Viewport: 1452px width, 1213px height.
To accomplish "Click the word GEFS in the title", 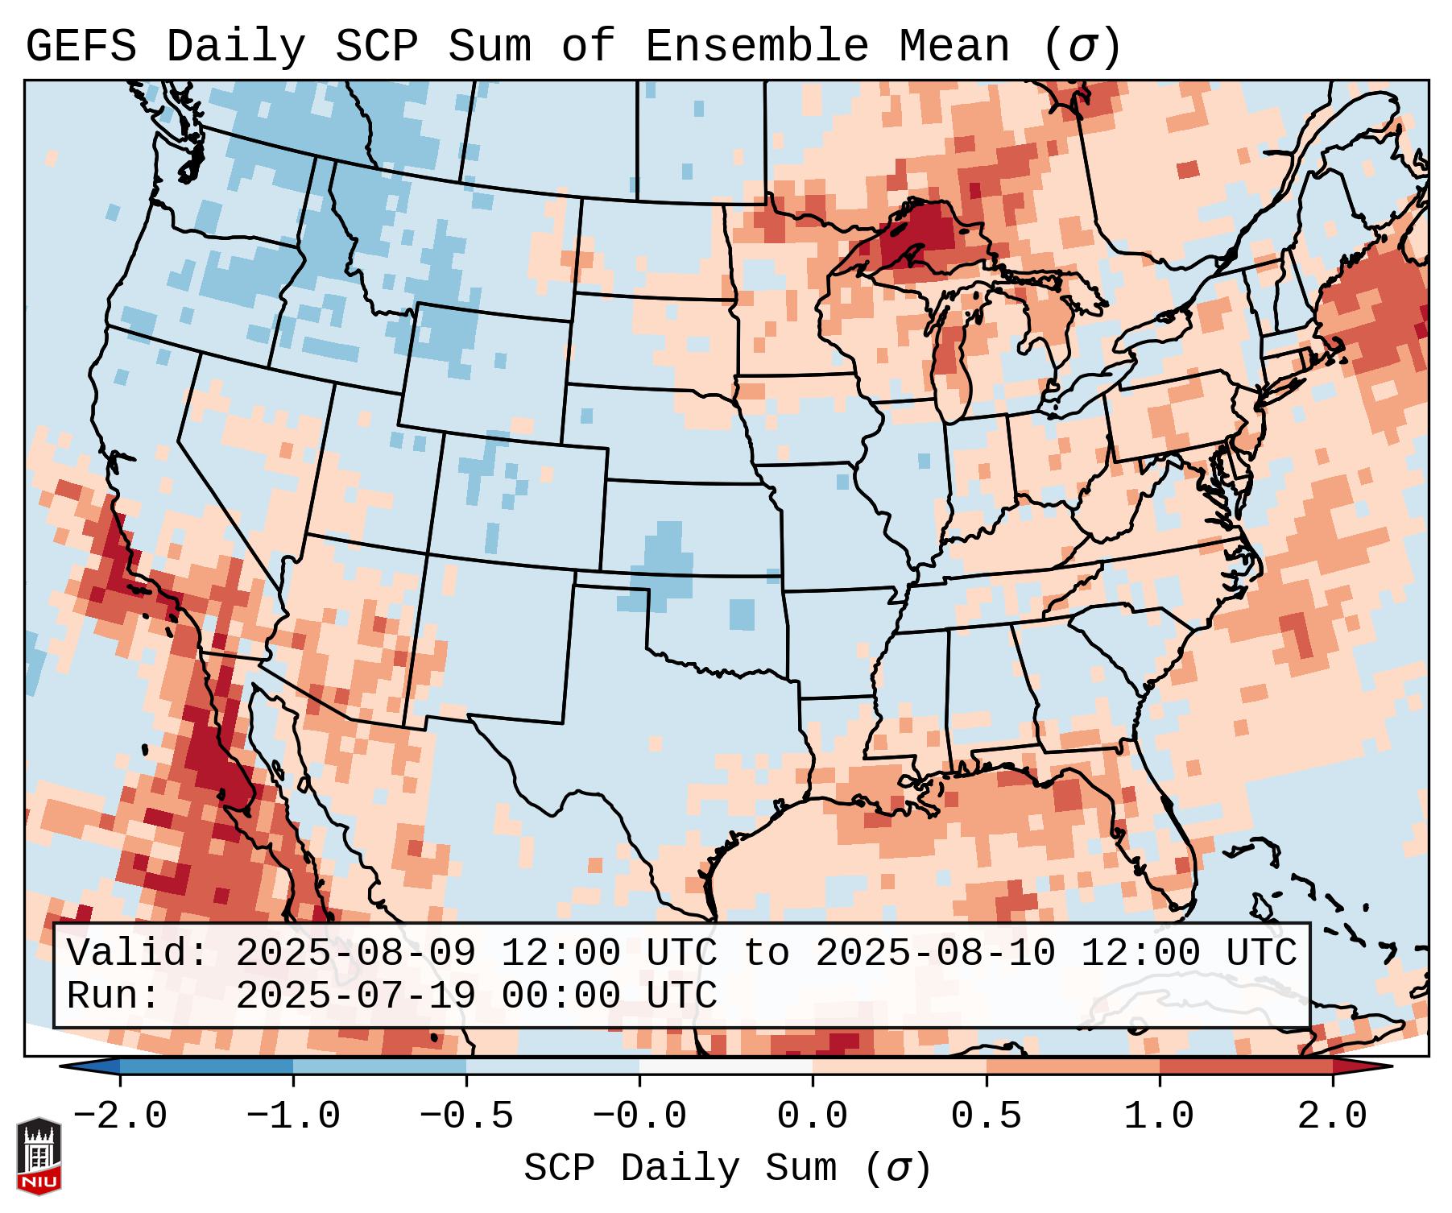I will (81, 47).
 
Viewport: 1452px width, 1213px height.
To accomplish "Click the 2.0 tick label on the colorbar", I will (1333, 1116).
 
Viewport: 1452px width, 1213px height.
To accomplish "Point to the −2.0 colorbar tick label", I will (120, 1116).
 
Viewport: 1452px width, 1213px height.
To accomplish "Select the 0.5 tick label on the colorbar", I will (986, 1116).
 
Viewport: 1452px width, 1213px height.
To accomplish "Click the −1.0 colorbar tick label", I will (293, 1116).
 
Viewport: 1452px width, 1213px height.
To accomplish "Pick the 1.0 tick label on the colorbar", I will (1159, 1116).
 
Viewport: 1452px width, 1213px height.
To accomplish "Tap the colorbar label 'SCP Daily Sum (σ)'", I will (727, 1169).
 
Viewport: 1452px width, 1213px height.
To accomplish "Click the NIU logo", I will (39, 1157).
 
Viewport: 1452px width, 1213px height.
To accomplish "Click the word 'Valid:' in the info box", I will (138, 954).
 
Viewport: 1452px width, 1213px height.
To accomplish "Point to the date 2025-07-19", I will (356, 996).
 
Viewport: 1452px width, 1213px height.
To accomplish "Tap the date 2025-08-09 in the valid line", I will (356, 954).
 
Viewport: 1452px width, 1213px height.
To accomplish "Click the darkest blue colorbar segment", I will (206, 1066).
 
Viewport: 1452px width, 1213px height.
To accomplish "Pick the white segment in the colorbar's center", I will (726, 1066).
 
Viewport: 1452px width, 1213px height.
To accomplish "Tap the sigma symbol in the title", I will (1081, 47).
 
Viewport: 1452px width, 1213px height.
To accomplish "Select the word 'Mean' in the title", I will (954, 47).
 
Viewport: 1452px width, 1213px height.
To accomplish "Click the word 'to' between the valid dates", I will (766, 954).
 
